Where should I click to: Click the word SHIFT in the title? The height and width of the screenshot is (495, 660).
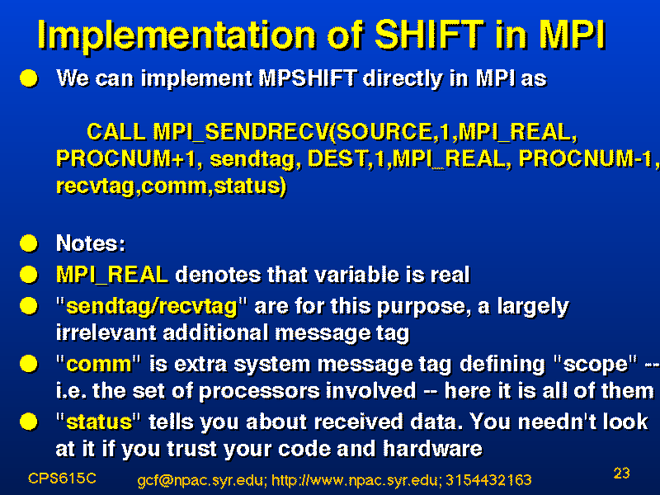[x=429, y=35]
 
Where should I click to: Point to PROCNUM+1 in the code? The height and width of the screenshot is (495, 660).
[x=126, y=158]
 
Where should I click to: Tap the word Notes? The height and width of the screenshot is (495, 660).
[x=91, y=243]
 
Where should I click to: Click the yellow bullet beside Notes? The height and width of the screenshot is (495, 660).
[x=29, y=243]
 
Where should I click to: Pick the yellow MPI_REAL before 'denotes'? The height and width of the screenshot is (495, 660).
[x=112, y=275]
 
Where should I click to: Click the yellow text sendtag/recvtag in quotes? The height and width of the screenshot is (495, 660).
[x=152, y=306]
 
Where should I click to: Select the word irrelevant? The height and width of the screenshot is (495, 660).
[x=106, y=332]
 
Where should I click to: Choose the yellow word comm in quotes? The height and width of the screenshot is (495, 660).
[x=99, y=365]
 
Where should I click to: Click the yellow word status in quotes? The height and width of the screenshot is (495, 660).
[x=99, y=422]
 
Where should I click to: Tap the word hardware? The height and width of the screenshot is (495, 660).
[x=432, y=449]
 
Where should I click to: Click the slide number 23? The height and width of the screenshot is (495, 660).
[x=622, y=473]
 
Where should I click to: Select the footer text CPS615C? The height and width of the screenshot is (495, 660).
[x=63, y=478]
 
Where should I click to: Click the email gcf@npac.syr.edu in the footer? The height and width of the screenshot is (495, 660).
[x=201, y=480]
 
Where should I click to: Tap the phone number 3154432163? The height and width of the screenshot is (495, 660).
[x=488, y=480]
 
